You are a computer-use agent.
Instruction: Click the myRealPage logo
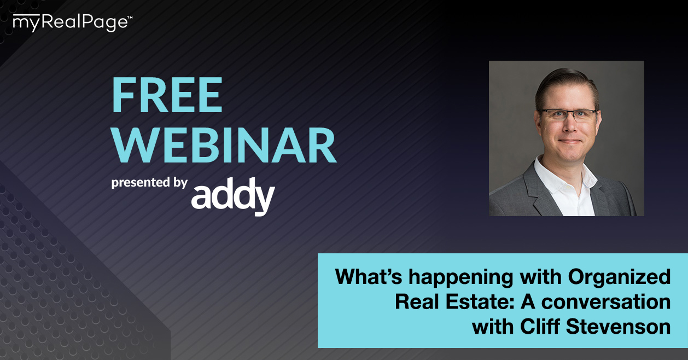[73, 23]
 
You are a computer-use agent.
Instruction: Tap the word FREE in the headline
[167, 95]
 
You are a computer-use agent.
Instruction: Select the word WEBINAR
[224, 144]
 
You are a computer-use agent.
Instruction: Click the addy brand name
[233, 196]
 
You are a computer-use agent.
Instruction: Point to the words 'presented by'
[149, 182]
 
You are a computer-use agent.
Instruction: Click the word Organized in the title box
[619, 278]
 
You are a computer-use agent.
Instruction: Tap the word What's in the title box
[369, 276]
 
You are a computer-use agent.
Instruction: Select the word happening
[460, 278]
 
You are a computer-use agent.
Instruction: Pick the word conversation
[606, 301]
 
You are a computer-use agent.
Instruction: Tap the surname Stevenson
[619, 326]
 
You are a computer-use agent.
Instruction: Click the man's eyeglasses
[568, 115]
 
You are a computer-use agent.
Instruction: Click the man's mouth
[570, 141]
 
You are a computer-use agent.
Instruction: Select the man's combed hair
[567, 86]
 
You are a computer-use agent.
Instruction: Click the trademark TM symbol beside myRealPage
[130, 18]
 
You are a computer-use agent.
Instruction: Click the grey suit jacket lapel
[536, 190]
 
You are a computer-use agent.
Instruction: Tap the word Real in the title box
[417, 301]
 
